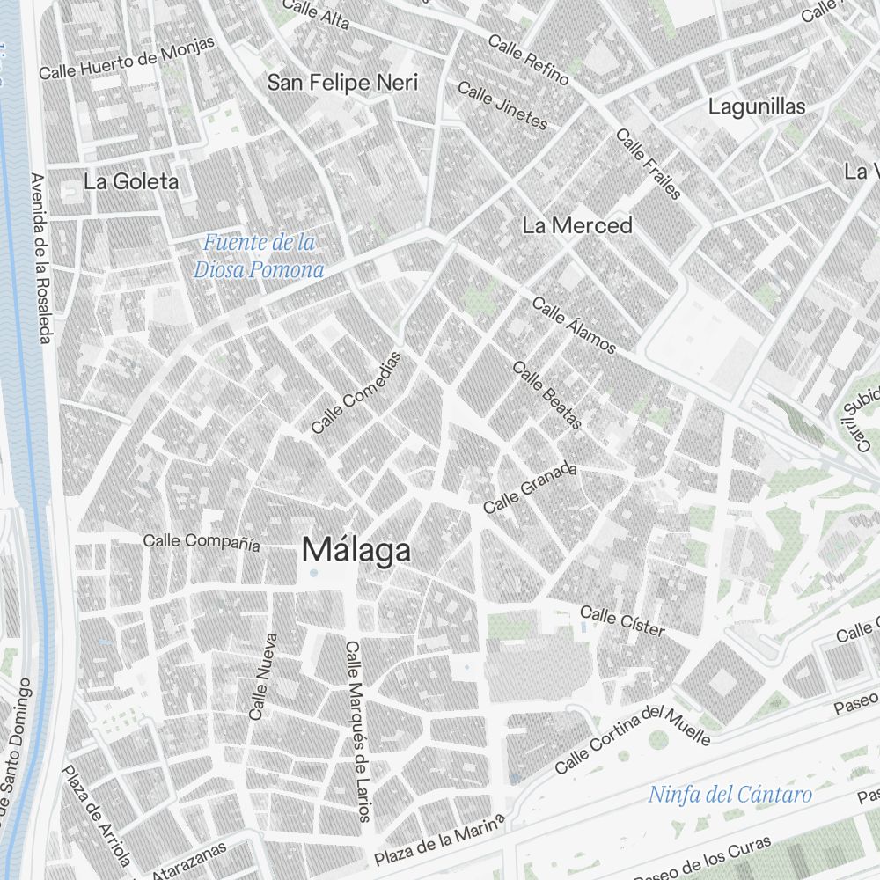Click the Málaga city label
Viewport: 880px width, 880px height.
[356, 550]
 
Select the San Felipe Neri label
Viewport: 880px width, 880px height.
[342, 83]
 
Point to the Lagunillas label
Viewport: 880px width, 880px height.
[757, 106]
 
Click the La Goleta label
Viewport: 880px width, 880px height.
[131, 182]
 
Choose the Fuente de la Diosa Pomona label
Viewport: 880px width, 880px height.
[260, 255]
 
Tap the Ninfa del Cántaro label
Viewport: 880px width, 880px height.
[730, 795]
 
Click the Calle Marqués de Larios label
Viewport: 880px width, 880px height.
[357, 730]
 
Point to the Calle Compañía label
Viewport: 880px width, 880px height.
[202, 541]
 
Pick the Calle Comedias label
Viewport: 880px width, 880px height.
[356, 392]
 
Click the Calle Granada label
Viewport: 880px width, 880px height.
[530, 488]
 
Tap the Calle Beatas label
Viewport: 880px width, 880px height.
[547, 396]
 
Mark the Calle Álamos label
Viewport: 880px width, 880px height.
[575, 326]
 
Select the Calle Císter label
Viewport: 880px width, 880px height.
[622, 620]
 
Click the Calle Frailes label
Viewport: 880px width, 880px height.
[649, 164]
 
